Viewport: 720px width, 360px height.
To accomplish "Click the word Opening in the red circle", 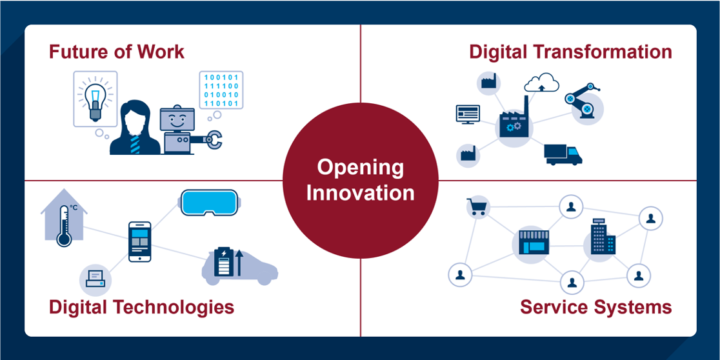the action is click(x=361, y=168).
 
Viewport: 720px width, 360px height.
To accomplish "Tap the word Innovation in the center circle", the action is click(x=361, y=192).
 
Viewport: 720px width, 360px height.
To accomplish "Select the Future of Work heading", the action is click(x=117, y=52).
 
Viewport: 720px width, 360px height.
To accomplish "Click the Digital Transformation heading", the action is click(x=571, y=52).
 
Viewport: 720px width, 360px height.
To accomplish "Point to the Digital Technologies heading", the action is click(x=141, y=307).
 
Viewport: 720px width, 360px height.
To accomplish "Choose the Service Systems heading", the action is click(x=596, y=307).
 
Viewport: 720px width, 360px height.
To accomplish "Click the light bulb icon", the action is click(x=95, y=98).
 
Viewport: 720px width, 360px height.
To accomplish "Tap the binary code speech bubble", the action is click(x=221, y=90).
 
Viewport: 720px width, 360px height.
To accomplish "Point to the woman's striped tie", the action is click(x=135, y=144).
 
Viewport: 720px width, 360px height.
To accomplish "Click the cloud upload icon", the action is click(x=542, y=83).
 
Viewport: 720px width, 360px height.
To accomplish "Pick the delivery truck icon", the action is click(x=563, y=155).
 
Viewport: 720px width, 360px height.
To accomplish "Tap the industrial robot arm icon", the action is click(x=582, y=101).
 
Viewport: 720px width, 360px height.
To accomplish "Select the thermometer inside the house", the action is click(x=63, y=225).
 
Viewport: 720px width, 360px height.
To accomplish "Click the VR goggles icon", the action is click(x=210, y=203).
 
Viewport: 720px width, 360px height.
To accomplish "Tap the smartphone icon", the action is click(x=140, y=241).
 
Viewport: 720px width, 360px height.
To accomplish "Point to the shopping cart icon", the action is click(x=477, y=207).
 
